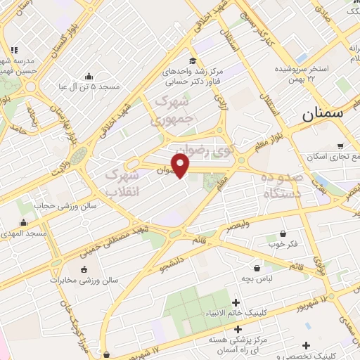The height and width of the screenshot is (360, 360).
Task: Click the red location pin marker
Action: (x=181, y=165)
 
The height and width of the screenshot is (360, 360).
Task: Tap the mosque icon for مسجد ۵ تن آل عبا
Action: (x=89, y=76)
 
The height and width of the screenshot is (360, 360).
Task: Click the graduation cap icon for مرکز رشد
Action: (x=193, y=60)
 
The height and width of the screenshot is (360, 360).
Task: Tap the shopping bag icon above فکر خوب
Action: (x=283, y=233)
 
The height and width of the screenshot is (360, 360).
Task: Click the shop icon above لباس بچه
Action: (x=258, y=268)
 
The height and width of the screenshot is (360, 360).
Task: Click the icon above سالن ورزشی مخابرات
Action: (x=84, y=269)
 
